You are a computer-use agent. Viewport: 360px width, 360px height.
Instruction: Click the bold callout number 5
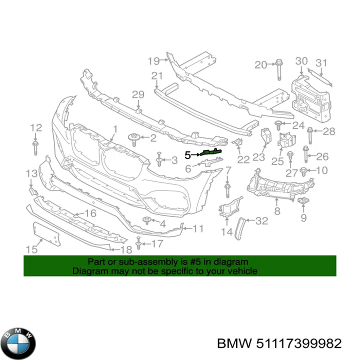coord(187,155)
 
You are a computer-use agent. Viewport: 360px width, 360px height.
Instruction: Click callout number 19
coord(153,61)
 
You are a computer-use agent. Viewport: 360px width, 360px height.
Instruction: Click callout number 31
coord(321,62)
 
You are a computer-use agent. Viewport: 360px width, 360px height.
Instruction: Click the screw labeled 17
coord(139,244)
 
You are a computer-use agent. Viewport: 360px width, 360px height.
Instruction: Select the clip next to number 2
coord(133,137)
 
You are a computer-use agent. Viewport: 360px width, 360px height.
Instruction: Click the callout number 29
coord(138,94)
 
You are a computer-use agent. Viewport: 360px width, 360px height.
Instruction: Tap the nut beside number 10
coord(304,171)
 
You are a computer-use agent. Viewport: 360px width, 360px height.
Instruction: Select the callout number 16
coord(90,213)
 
